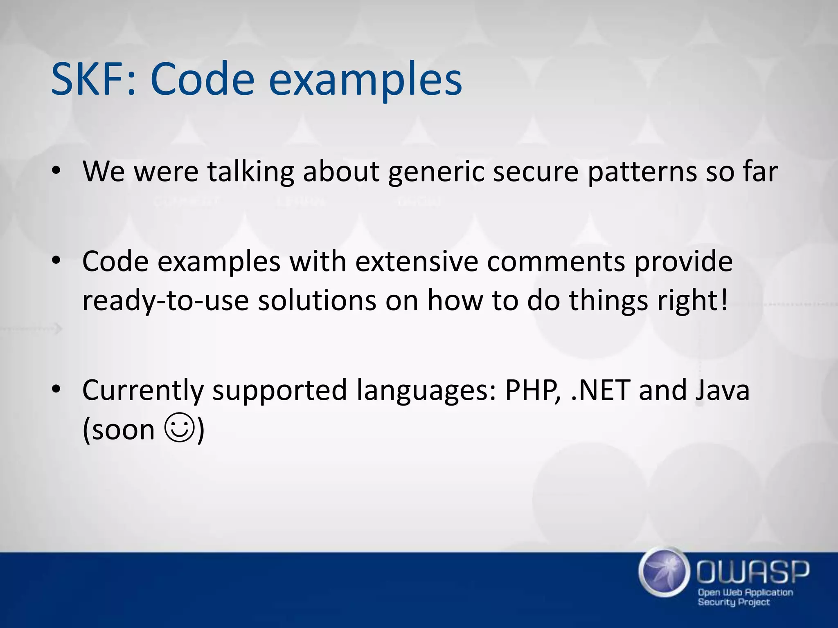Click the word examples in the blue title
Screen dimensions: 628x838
(365, 79)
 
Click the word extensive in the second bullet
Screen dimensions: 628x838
(417, 261)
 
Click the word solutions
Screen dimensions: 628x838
(317, 300)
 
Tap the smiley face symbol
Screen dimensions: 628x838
(178, 428)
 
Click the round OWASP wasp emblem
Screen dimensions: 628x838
(662, 571)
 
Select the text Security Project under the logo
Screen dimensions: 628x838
(733, 602)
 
